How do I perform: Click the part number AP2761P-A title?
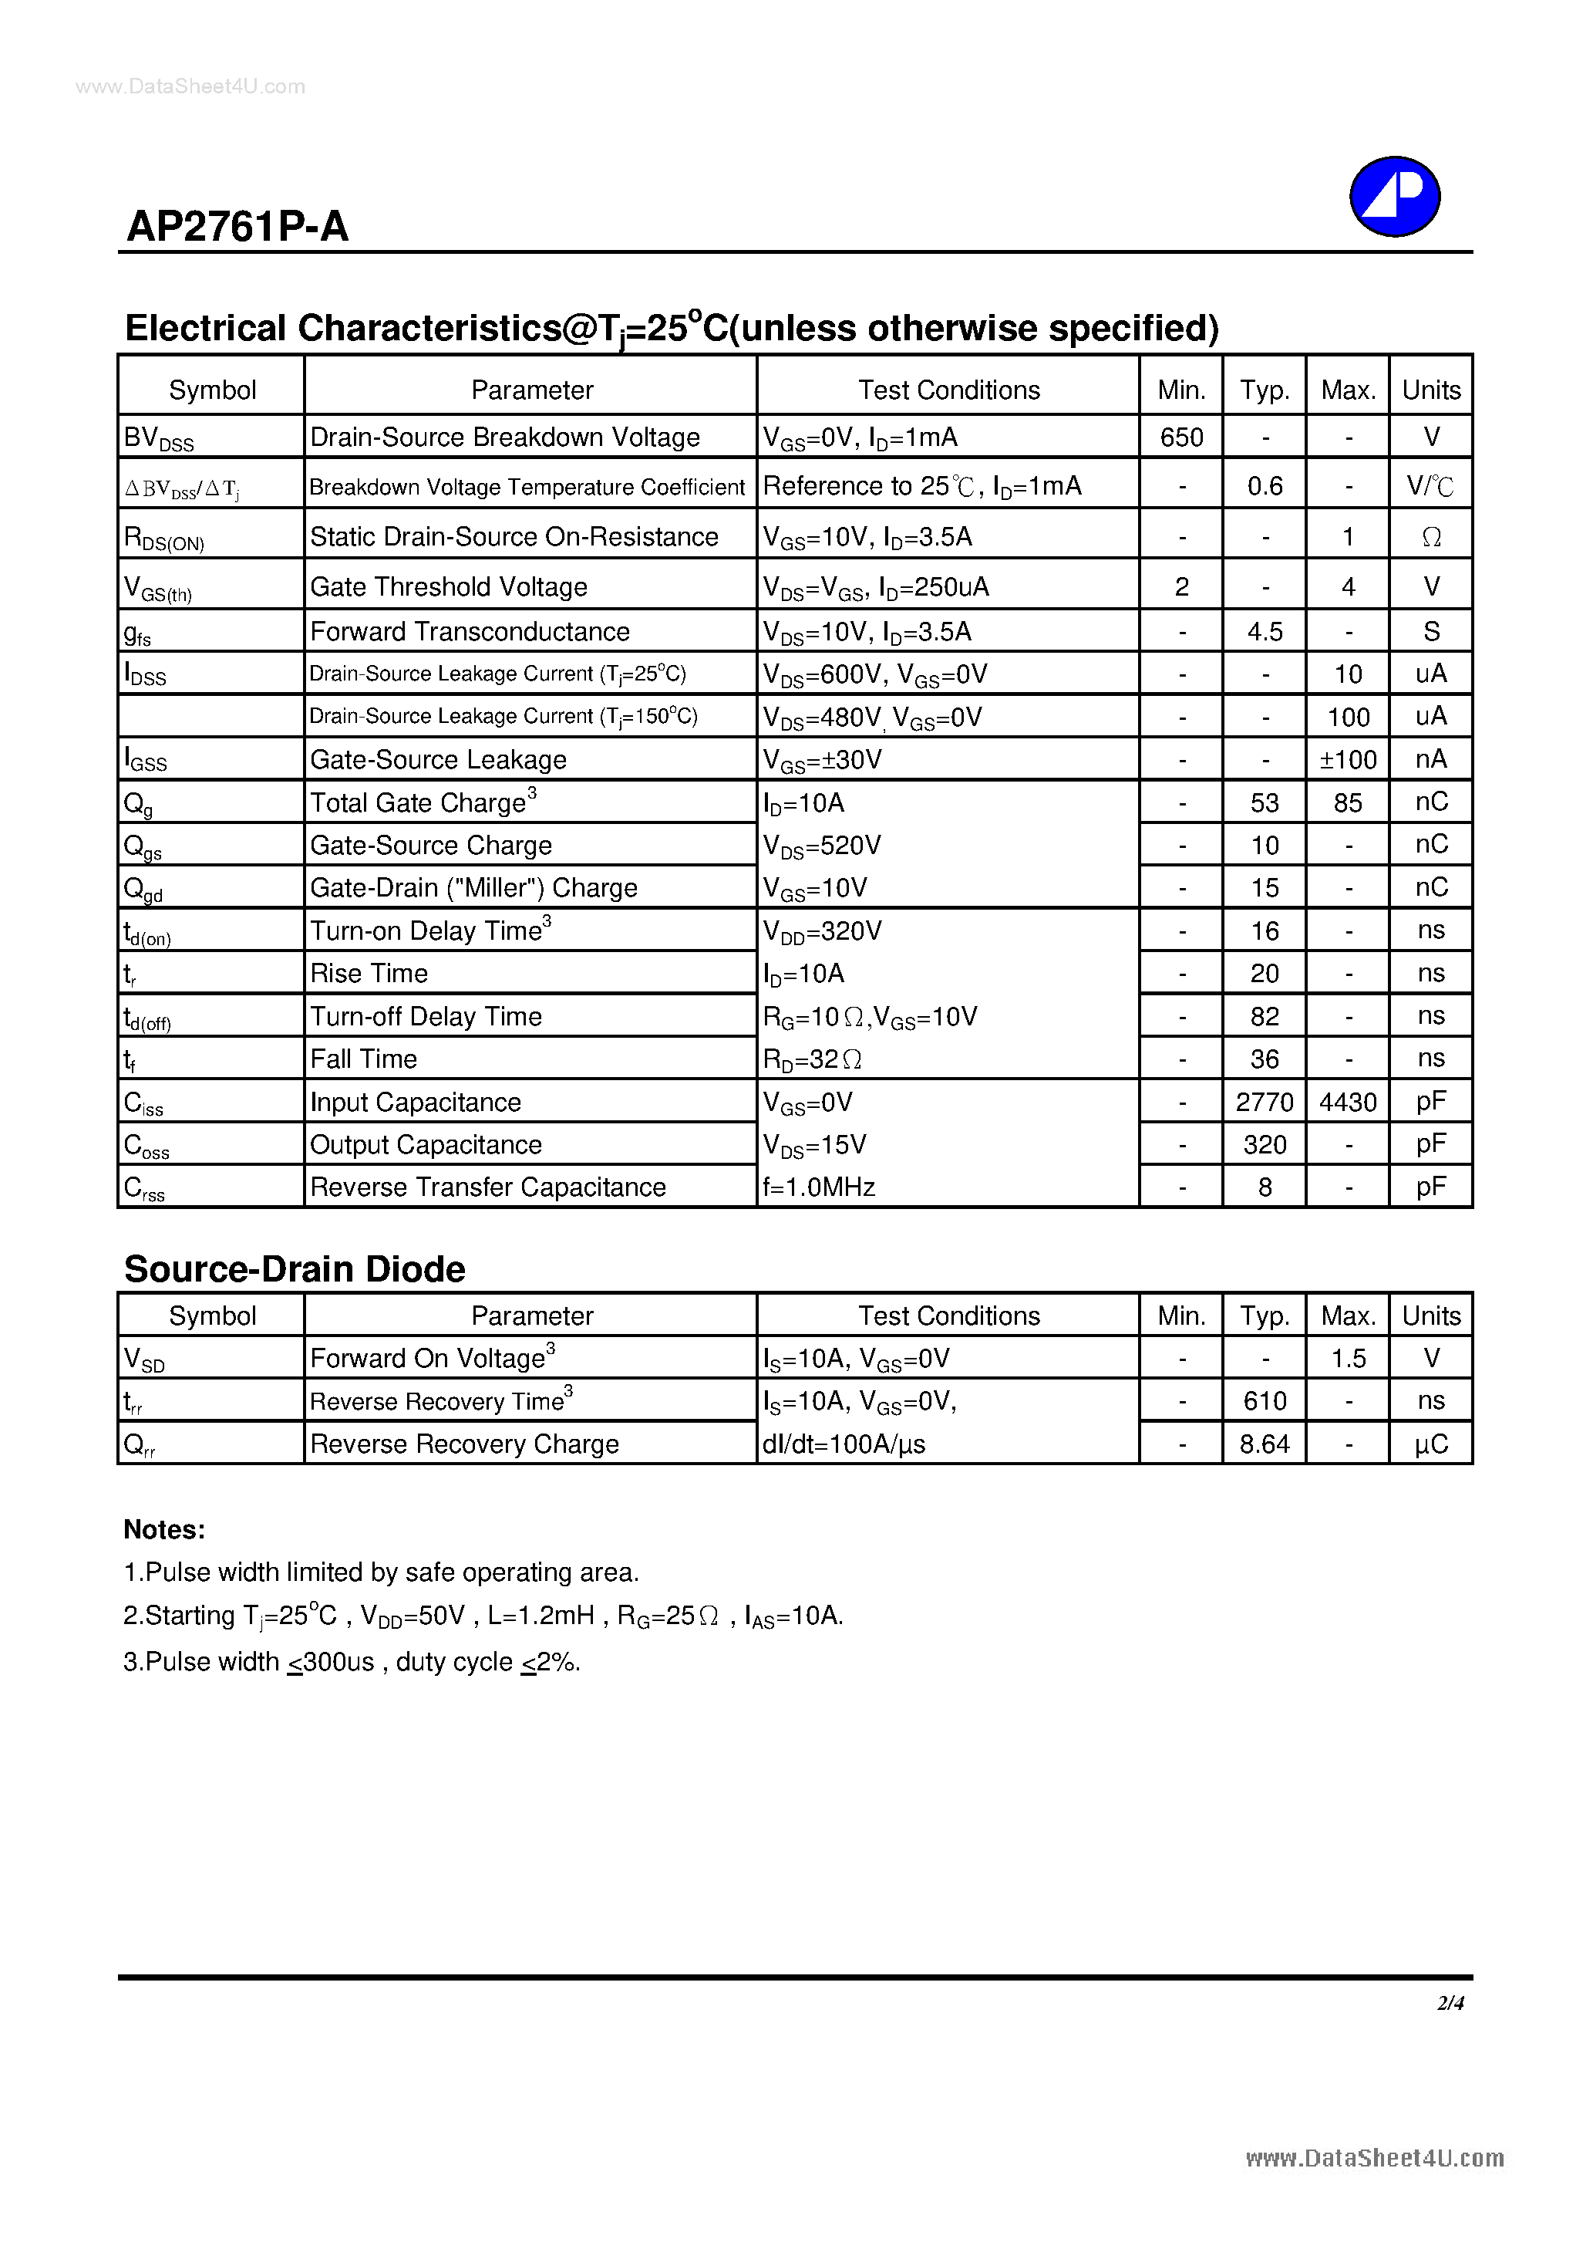237,227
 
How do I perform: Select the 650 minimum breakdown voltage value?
1180,437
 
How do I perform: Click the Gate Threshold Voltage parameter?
449,586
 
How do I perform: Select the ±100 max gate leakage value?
1348,759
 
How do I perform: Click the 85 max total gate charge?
1348,802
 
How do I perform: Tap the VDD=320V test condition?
822,930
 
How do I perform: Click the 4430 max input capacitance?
1348,1103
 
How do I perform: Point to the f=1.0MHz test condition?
819,1187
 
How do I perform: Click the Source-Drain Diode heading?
295,1268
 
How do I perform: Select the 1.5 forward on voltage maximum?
1348,1359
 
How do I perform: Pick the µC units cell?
1431,1444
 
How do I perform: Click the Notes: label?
164,1530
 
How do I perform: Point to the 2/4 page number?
1450,2002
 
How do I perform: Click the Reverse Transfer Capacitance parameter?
488,1187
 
